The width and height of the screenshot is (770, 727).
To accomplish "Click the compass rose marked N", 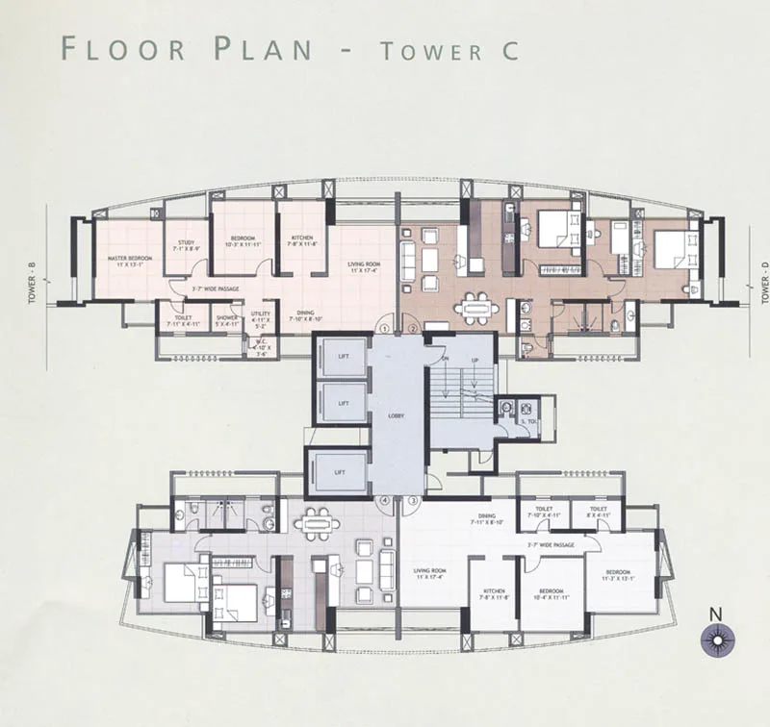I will [x=717, y=639].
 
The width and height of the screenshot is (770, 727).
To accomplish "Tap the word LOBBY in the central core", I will [x=397, y=415].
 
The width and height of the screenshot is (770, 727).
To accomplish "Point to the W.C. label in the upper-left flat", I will [x=261, y=347].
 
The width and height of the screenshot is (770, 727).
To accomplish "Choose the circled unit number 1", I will [x=384, y=329].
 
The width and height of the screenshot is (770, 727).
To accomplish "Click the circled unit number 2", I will [x=411, y=329].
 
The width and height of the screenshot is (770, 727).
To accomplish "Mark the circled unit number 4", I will [x=384, y=501].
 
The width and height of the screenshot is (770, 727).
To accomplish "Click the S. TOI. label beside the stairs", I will [x=527, y=422].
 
